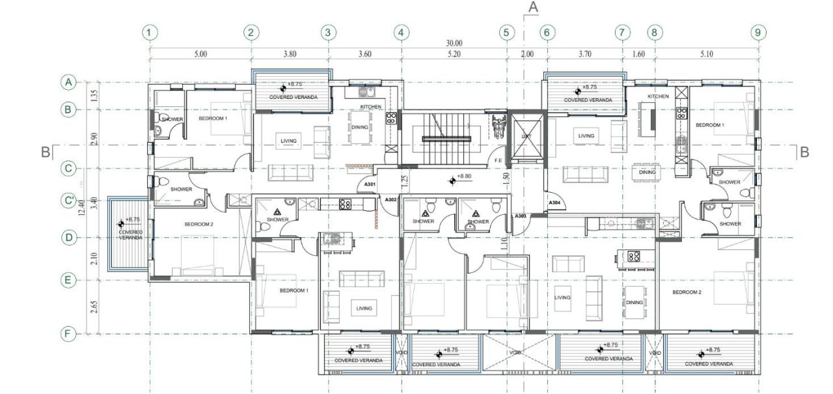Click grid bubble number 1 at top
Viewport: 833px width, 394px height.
click(x=150, y=32)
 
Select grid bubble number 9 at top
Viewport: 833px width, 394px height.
click(x=756, y=32)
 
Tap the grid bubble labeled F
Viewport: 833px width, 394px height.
click(x=67, y=334)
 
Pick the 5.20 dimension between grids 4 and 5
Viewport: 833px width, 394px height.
click(x=454, y=55)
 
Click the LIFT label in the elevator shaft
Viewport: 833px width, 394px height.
click(x=526, y=136)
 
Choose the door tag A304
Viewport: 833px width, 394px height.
click(x=554, y=203)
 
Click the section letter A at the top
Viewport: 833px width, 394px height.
click(x=533, y=8)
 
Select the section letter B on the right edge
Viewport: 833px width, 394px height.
click(x=804, y=152)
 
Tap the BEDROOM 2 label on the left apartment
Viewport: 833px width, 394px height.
click(x=199, y=225)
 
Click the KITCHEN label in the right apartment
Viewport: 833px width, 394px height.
click(x=658, y=96)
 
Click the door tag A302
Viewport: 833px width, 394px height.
click(x=390, y=199)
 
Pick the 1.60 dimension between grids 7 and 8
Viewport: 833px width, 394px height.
click(x=638, y=55)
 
